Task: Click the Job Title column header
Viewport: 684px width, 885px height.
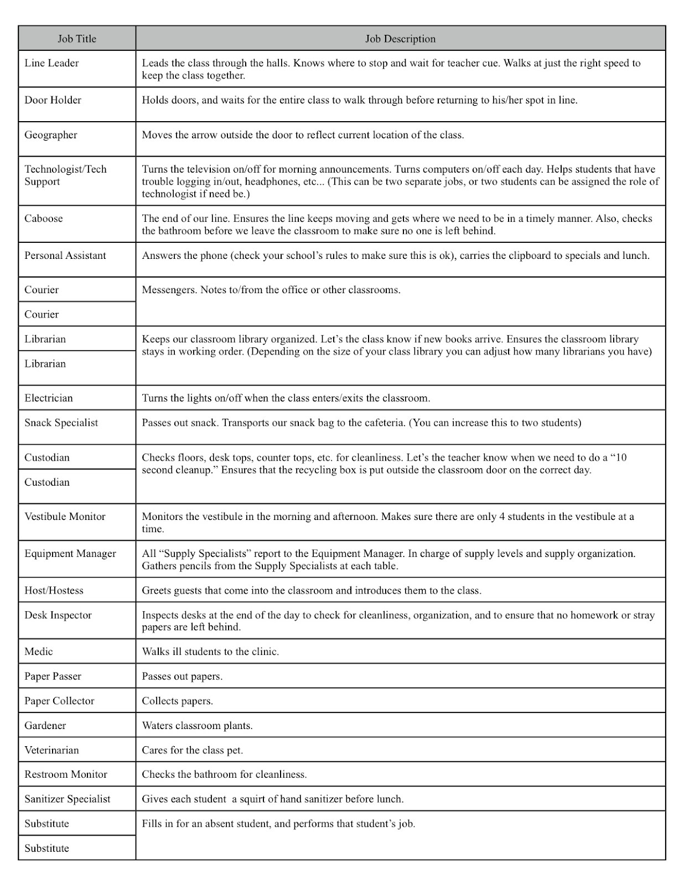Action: pyautogui.click(x=77, y=39)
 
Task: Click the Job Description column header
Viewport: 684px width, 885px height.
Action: pyautogui.click(x=400, y=39)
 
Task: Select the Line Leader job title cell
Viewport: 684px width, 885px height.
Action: pyautogui.click(x=51, y=63)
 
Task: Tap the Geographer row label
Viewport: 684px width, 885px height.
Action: pyautogui.click(x=51, y=135)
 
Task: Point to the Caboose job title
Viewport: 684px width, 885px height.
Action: pyautogui.click(x=44, y=218)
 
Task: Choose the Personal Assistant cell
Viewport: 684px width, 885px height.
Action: pyautogui.click(x=65, y=256)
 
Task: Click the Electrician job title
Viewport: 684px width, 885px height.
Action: pyautogui.click(x=49, y=398)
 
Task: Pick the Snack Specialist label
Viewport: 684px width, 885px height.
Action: pyautogui.click(x=61, y=423)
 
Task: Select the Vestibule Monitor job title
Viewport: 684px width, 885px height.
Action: pyautogui.click(x=65, y=517)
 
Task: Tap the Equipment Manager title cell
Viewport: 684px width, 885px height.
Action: pyautogui.click(x=70, y=554)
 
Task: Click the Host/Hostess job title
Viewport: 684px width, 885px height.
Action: pyautogui.click(x=54, y=591)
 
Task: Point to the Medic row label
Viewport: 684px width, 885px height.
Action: pyautogui.click(x=39, y=652)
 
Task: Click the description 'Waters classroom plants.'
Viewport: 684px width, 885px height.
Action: pyautogui.click(x=197, y=726)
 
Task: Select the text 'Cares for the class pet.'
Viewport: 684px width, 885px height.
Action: pyautogui.click(x=192, y=751)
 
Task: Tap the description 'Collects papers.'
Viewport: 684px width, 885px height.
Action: pyautogui.click(x=177, y=701)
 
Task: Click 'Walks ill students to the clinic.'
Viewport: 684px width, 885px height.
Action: pyautogui.click(x=210, y=652)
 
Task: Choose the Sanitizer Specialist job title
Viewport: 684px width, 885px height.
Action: pyautogui.click(x=68, y=799)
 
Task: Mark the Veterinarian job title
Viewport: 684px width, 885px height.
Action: pyautogui.click(x=51, y=751)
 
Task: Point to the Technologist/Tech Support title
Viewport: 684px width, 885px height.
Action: pyautogui.click(x=65, y=175)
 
